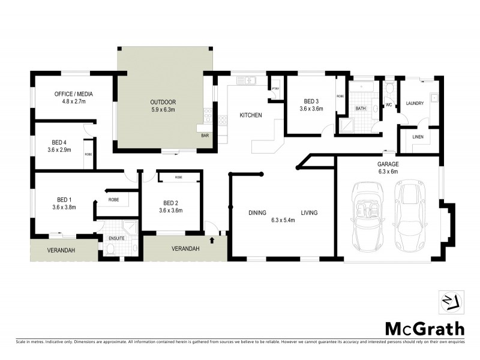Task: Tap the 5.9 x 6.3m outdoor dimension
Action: [x=163, y=110]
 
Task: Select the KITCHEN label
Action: [x=251, y=115]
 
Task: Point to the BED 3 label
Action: [x=311, y=101]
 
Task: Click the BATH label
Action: [x=361, y=109]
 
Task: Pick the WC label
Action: [x=388, y=104]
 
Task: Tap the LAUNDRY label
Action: [x=415, y=104]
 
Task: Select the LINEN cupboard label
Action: [x=418, y=137]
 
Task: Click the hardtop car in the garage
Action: [x=411, y=215]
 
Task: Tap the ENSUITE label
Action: [x=116, y=238]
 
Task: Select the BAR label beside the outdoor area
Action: [x=205, y=136]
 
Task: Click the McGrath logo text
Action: [x=424, y=328]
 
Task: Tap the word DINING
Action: [x=258, y=212]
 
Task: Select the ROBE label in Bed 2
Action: [x=179, y=178]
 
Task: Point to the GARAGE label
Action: [x=388, y=164]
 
